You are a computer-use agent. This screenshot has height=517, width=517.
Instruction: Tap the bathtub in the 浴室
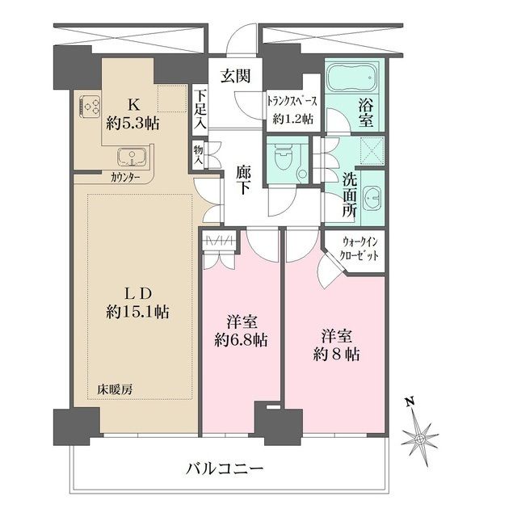click(x=351, y=79)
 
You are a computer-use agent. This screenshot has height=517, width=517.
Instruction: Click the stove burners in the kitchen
click(x=89, y=106)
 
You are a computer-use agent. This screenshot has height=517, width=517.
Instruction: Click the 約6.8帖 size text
click(x=241, y=339)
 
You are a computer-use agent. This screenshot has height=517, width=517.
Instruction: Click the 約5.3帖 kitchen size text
click(x=136, y=124)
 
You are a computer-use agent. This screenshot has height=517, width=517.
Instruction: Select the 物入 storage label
click(x=198, y=154)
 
